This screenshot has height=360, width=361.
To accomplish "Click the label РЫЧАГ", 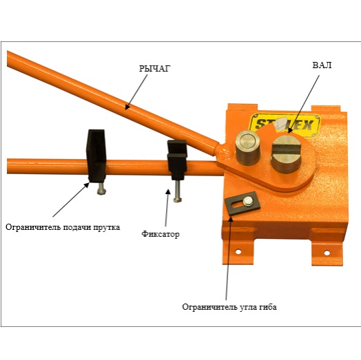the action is click(x=155, y=68).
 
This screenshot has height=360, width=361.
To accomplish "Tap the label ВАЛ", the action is click(x=322, y=65).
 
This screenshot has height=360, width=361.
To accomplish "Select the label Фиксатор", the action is click(x=161, y=234).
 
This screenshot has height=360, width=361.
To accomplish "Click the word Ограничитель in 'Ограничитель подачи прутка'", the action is click(x=33, y=227).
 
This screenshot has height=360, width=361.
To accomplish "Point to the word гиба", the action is click(x=268, y=307).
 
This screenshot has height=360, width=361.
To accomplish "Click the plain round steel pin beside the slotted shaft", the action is click(x=247, y=147).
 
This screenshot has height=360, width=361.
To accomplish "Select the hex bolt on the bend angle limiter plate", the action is click(x=248, y=202).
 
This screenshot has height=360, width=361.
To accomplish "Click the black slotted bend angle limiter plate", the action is click(x=243, y=203).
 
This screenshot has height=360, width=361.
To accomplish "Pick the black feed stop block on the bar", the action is click(x=96, y=156).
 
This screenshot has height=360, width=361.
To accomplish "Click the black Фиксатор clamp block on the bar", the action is click(x=177, y=160).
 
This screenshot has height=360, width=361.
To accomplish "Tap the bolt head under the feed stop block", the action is click(x=101, y=191).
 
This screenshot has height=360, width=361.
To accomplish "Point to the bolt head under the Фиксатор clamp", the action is click(x=177, y=200).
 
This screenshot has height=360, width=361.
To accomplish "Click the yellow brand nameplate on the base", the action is click(x=285, y=125).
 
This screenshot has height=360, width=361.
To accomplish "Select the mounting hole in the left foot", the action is click(x=238, y=252).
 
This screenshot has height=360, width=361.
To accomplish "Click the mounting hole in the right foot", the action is click(x=327, y=253).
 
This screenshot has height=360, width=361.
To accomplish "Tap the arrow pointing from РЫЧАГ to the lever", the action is click(x=136, y=92).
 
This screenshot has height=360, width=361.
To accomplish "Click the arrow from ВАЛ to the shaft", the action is click(x=304, y=104).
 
